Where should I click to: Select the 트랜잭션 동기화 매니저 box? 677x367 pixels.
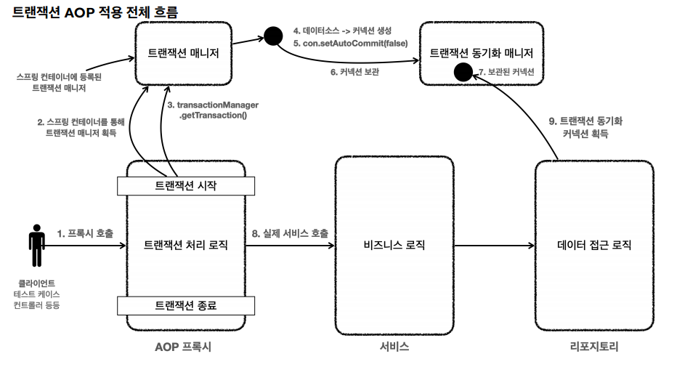[x=481, y=53]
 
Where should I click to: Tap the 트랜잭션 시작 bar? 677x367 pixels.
[x=186, y=186]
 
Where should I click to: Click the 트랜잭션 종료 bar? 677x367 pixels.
[x=186, y=305]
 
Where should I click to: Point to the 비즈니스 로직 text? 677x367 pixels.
[x=394, y=245]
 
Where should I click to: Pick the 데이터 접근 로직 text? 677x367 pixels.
[x=593, y=245]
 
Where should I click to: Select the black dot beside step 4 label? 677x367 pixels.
[x=273, y=35]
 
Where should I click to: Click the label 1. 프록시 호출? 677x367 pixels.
[x=85, y=233]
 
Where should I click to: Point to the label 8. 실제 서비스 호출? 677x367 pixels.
[x=290, y=233]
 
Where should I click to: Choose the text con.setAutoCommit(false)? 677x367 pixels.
[x=350, y=44]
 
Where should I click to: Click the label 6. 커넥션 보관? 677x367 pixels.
[x=354, y=72]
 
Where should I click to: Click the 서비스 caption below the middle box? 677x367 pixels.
[x=394, y=347]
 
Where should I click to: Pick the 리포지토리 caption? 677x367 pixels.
[x=593, y=347]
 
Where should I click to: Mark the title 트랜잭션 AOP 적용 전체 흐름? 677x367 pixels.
[x=95, y=12]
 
